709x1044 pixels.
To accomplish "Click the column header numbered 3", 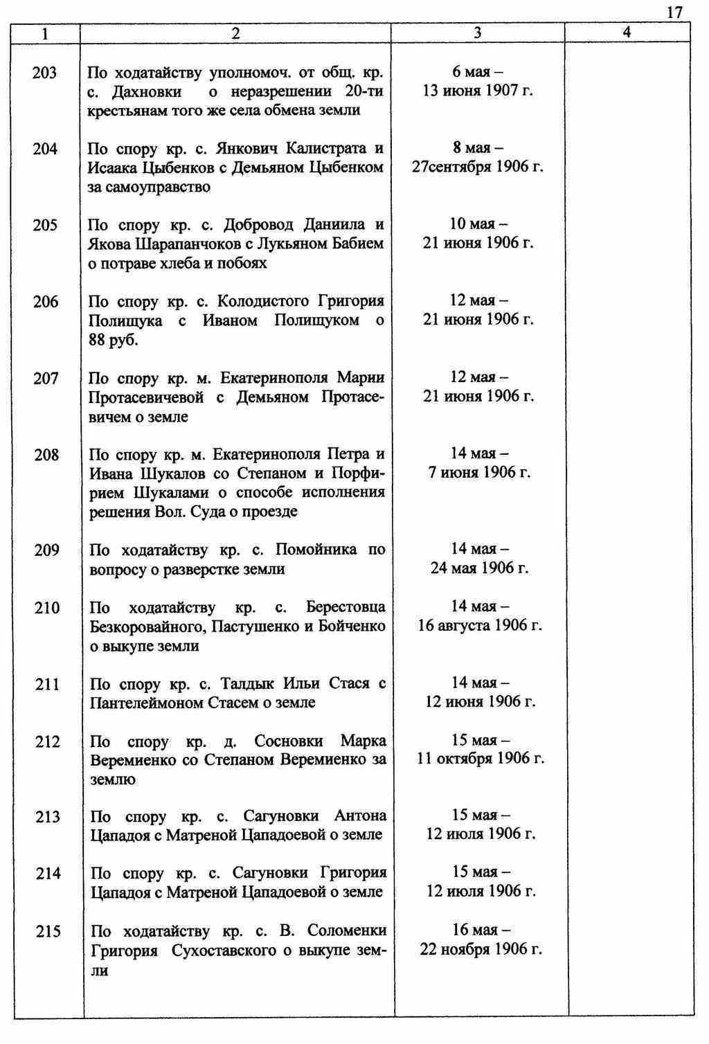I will (x=478, y=33).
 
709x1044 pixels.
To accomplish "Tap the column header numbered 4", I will (x=627, y=32).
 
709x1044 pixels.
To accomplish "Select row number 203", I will (x=44, y=72).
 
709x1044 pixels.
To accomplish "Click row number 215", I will (x=48, y=931).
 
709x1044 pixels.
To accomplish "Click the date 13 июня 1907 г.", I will (x=478, y=91).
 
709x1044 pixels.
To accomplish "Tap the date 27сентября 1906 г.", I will (x=478, y=167).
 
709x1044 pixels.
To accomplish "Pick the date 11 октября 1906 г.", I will (x=481, y=759).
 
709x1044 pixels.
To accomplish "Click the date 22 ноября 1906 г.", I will (x=481, y=949).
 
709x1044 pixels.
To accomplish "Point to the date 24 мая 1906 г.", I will (x=479, y=568).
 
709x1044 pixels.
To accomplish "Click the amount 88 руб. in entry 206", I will (x=114, y=341).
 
